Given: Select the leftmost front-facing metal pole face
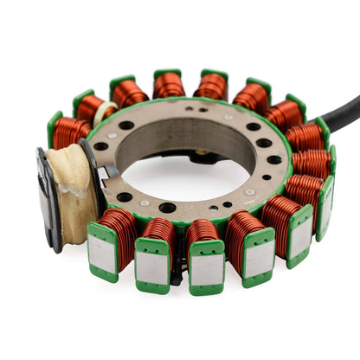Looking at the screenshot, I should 103,254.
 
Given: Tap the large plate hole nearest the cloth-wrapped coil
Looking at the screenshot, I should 101,146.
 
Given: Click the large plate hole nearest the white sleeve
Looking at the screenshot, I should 126,125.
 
